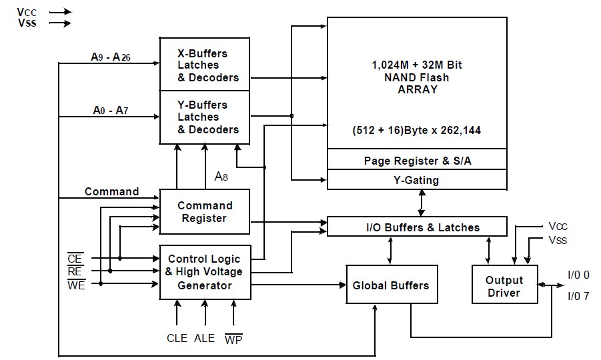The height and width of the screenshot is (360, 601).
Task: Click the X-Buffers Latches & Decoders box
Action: click(x=204, y=65)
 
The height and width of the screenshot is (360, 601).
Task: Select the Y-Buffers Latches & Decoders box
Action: click(x=204, y=117)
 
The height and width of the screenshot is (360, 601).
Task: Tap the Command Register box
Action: click(x=204, y=211)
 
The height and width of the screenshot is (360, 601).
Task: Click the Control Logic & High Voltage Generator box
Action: click(x=204, y=272)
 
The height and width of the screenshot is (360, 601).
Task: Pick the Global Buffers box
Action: click(x=390, y=285)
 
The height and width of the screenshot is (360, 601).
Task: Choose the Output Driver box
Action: click(x=504, y=285)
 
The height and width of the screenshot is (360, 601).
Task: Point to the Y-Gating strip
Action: click(x=416, y=180)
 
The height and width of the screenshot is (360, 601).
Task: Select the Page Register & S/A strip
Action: click(x=416, y=160)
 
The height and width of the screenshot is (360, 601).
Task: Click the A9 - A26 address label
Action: click(x=111, y=57)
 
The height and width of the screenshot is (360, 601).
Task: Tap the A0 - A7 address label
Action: click(x=109, y=110)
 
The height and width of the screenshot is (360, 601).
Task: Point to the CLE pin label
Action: click(x=177, y=338)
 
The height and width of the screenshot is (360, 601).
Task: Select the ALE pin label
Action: click(x=204, y=338)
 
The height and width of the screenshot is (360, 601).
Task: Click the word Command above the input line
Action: click(x=111, y=191)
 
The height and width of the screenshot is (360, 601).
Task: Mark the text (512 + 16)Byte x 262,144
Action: click(x=416, y=130)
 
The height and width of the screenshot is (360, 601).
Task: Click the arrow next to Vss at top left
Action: click(x=59, y=23)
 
